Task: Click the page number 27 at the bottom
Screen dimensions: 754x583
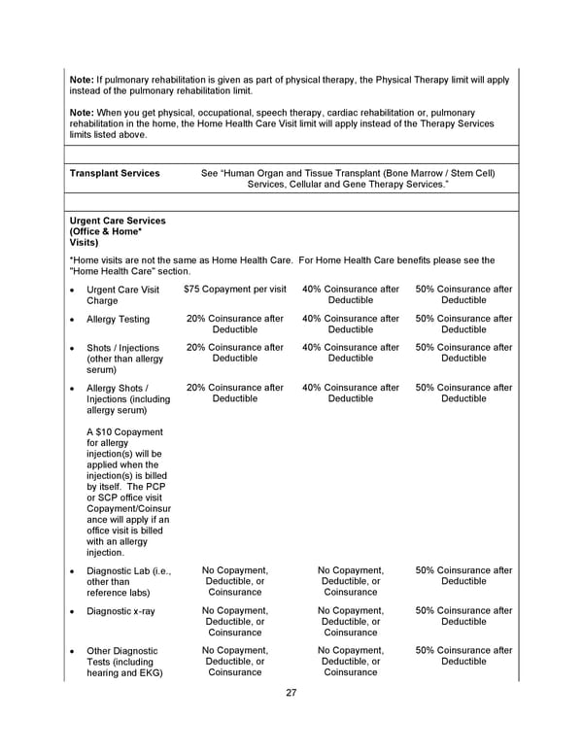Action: (291, 693)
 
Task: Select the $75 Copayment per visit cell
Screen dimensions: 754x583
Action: (234, 290)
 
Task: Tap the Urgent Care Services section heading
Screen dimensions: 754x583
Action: (112, 231)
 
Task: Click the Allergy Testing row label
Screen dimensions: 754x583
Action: (118, 319)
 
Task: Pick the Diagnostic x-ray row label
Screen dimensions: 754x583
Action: (120, 611)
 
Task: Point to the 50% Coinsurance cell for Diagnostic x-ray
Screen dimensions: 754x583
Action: (463, 616)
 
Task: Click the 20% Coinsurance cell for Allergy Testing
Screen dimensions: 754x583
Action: (234, 324)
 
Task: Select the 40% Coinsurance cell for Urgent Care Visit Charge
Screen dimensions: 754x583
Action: (350, 294)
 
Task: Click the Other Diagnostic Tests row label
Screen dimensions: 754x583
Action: (124, 661)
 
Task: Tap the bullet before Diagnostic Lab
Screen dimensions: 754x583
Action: (73, 571)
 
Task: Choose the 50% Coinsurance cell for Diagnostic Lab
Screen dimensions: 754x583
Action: (463, 576)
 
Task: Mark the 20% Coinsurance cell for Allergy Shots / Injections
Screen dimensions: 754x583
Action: (234, 393)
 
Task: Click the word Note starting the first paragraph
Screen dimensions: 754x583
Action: (82, 80)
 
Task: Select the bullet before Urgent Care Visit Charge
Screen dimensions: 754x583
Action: (73, 290)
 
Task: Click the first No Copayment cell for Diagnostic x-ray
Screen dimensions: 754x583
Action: (234, 621)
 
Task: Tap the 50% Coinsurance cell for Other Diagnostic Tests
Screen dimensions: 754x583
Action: (463, 656)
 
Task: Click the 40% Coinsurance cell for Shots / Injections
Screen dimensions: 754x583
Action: (350, 353)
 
